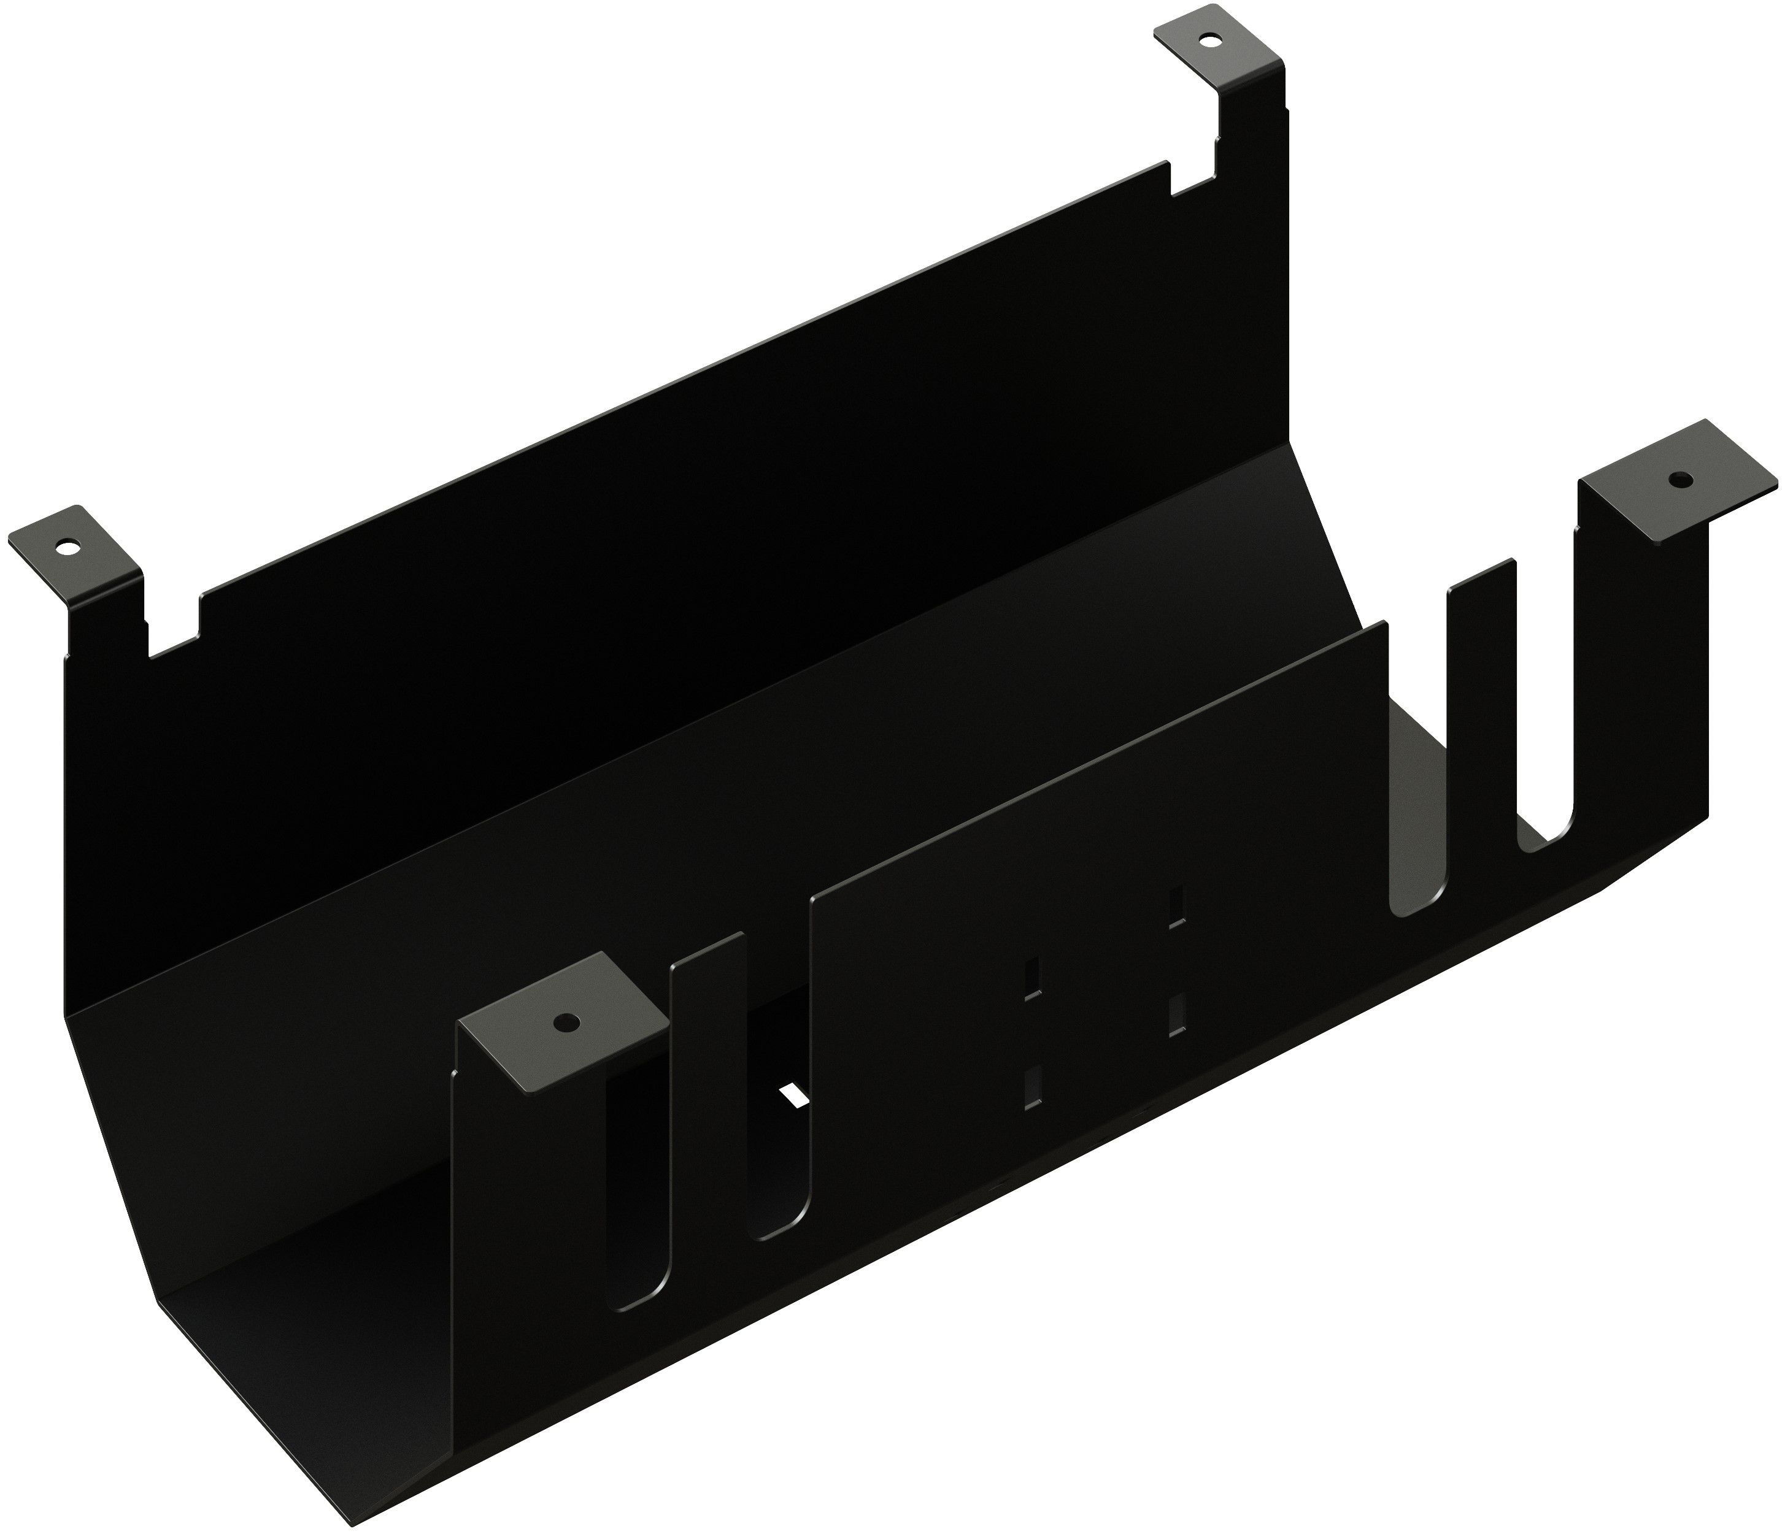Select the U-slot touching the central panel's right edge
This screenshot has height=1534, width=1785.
[1413, 775]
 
